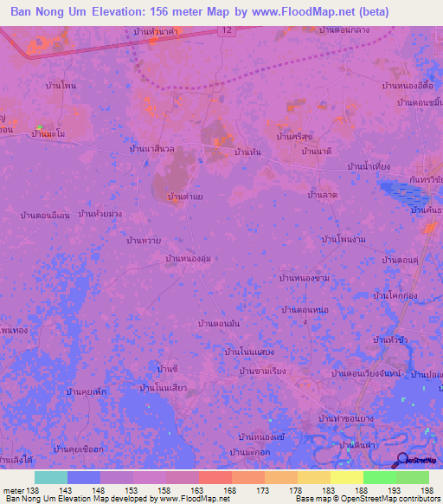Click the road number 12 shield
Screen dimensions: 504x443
pyautogui.click(x=226, y=30)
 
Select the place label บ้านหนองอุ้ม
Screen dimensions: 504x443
pyautogui.click(x=188, y=258)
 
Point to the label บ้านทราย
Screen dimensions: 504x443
pyautogui.click(x=144, y=240)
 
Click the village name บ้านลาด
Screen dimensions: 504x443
pyautogui.click(x=322, y=196)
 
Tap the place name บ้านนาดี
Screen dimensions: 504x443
pyautogui.click(x=317, y=152)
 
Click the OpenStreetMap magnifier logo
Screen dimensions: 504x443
pyautogui.click(x=403, y=460)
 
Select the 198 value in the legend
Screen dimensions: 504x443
pyautogui.click(x=427, y=491)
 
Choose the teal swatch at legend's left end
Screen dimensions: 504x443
pyautogui.click(x=51, y=477)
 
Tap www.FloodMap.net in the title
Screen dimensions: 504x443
pyautogui.click(x=297, y=12)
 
